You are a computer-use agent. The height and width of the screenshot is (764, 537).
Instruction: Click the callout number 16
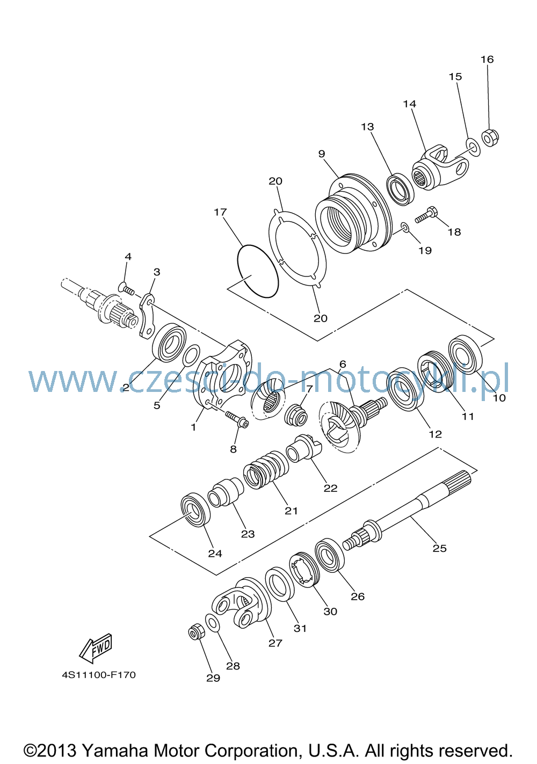point(487,60)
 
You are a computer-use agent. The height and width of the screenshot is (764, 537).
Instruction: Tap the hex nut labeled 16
point(490,137)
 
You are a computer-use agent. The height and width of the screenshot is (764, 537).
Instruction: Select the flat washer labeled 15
point(473,147)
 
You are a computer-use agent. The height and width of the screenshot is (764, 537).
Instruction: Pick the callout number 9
point(322,154)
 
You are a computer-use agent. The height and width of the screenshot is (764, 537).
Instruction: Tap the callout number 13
point(367,127)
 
